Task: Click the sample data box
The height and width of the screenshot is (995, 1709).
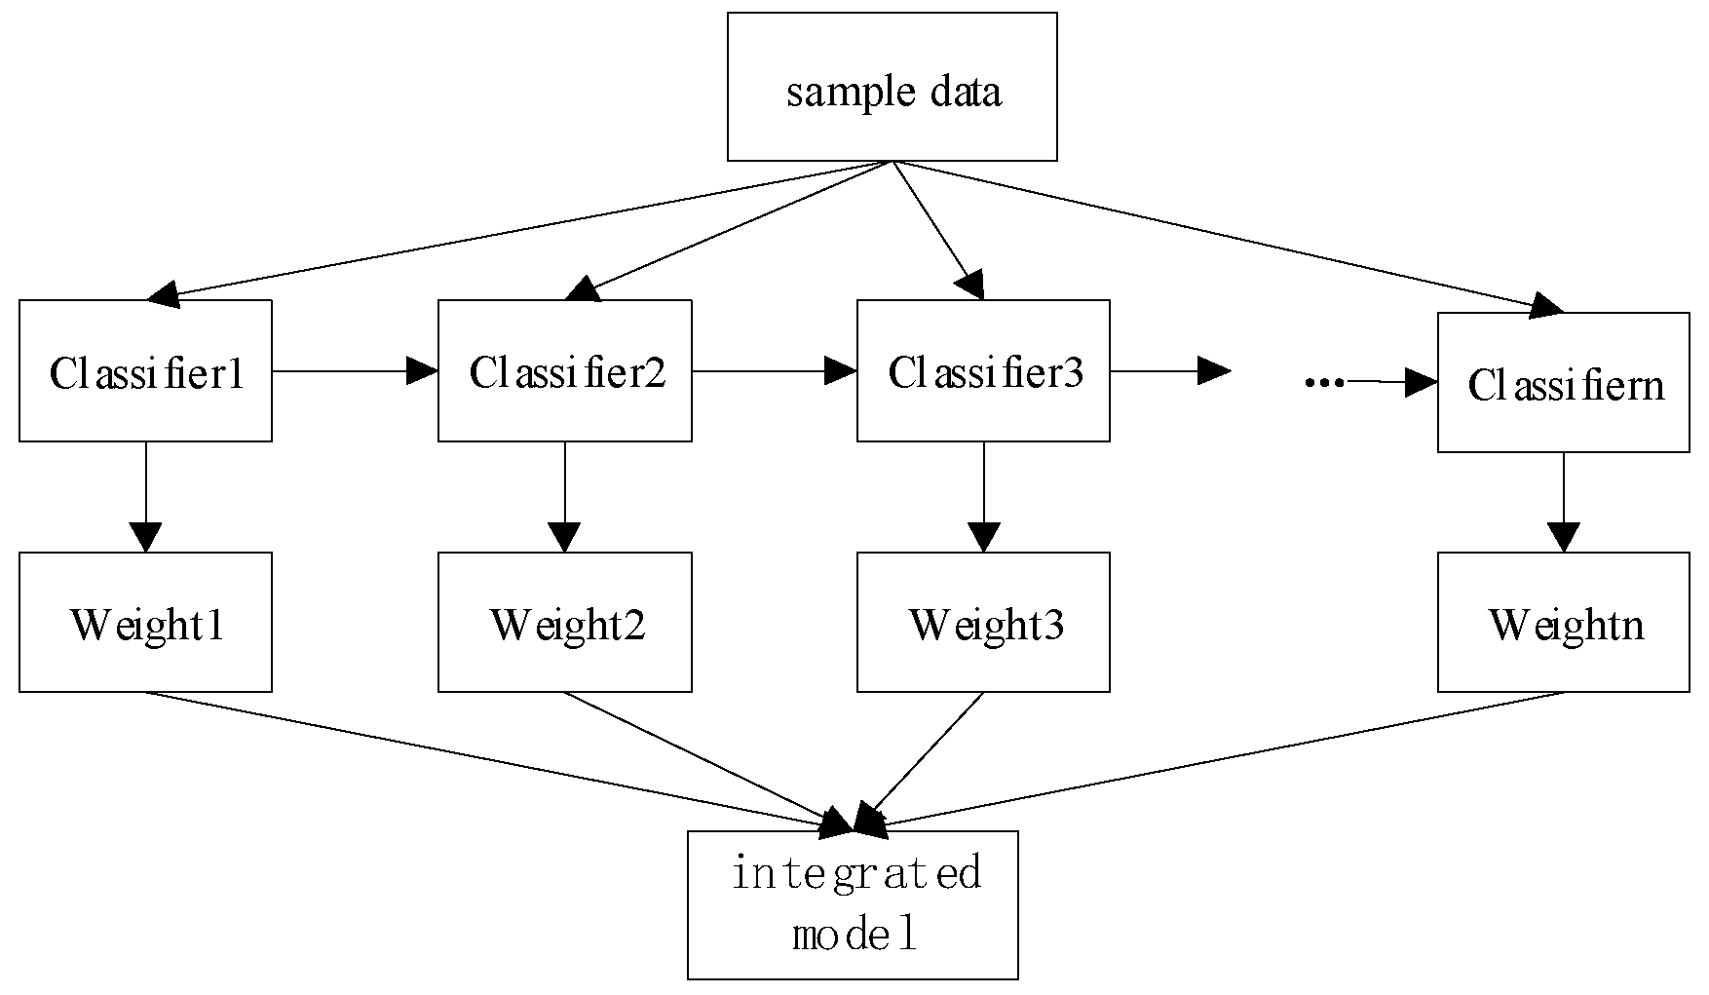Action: pyautogui.click(x=892, y=87)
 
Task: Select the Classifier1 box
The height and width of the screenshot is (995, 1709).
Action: pyautogui.click(x=145, y=371)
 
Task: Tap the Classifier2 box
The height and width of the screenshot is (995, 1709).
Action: pyautogui.click(x=565, y=371)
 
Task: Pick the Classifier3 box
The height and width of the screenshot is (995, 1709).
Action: pyautogui.click(x=983, y=371)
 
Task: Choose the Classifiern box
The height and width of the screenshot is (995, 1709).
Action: pyautogui.click(x=1564, y=383)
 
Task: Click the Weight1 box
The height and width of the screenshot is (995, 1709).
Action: pyautogui.click(x=145, y=623)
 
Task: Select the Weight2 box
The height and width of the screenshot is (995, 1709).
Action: pyautogui.click(x=565, y=623)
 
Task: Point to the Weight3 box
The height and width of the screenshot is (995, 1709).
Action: pyautogui.click(x=983, y=623)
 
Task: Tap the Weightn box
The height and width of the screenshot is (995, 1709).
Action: pyautogui.click(x=1564, y=623)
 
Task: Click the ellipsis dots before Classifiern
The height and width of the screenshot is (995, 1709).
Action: pyautogui.click(x=1324, y=382)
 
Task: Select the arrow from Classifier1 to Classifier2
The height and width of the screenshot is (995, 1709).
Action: pyautogui.click(x=355, y=370)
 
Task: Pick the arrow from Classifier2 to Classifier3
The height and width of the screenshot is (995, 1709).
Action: pyautogui.click(x=774, y=370)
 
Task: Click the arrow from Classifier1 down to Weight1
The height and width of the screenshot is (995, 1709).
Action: pyautogui.click(x=146, y=497)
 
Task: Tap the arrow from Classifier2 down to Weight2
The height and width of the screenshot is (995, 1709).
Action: pyautogui.click(x=565, y=497)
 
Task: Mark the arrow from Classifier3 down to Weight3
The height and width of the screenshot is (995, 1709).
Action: pyautogui.click(x=984, y=497)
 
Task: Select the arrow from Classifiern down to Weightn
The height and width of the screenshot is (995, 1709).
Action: pyautogui.click(x=1564, y=502)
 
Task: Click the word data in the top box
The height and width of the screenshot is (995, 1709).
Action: pyautogui.click(x=966, y=93)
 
